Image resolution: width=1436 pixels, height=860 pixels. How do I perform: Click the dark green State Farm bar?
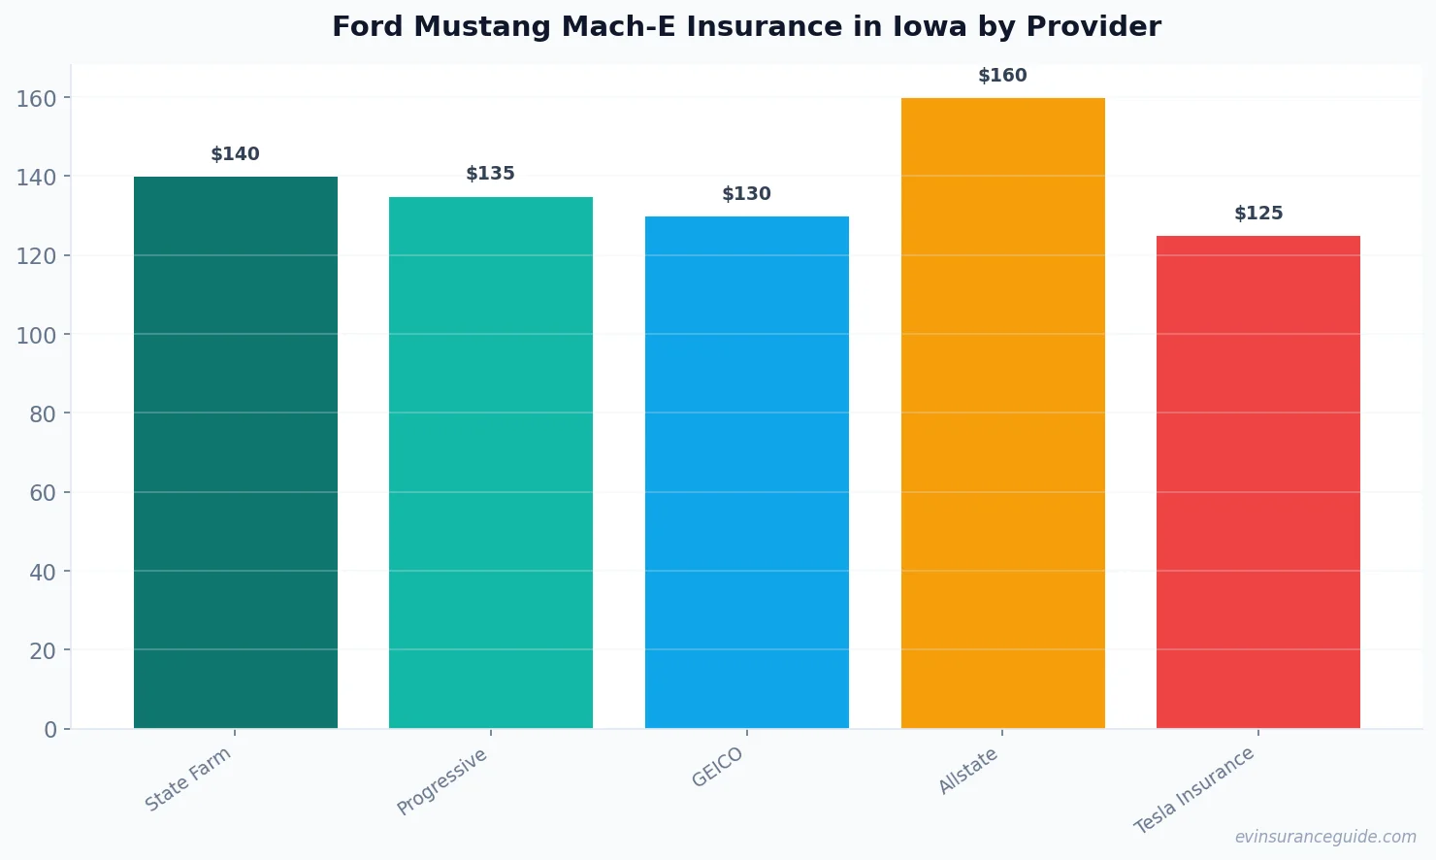pos(236,452)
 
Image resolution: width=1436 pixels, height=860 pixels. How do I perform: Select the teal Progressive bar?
pos(491,462)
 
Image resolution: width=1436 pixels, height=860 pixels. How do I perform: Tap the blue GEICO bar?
pos(747,472)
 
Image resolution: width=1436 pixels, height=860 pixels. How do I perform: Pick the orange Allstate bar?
pos(1002,413)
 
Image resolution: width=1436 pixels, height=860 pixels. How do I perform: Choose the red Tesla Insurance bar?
pos(1258,481)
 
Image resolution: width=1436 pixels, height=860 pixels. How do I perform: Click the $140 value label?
pos(236,154)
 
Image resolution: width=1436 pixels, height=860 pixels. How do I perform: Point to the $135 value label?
pos(491,174)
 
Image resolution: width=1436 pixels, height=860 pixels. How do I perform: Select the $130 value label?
pos(747,194)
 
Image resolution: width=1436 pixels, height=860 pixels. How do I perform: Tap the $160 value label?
pos(1002,76)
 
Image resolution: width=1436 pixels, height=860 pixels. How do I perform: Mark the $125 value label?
pos(1258,214)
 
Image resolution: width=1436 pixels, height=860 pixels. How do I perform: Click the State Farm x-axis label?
pos(188,778)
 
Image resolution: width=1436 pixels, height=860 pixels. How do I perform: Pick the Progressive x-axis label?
pos(442,781)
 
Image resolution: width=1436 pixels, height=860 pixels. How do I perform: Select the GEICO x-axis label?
pos(718,767)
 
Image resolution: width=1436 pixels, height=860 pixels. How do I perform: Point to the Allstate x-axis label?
pos(968,772)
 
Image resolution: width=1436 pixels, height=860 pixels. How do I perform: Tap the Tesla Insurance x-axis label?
pos(1194,790)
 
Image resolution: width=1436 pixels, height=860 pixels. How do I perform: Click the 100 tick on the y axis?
pos(37,335)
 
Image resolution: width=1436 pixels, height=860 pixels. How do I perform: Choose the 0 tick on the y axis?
pos(50,730)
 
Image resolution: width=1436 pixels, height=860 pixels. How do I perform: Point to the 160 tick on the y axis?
pos(37,98)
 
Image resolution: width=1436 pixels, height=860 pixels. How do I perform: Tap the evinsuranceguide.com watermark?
pos(1325,837)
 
